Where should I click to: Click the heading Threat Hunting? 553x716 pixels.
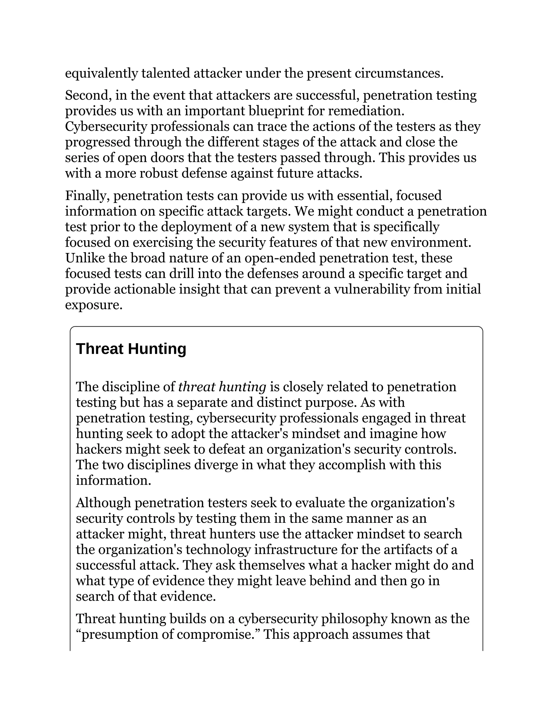(131, 349)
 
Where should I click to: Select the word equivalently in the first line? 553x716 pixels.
(101, 73)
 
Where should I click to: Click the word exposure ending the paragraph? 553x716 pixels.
(93, 305)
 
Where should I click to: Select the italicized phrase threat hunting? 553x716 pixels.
(222, 387)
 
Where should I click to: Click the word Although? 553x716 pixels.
(103, 503)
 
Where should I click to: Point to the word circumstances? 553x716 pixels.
(399, 73)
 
